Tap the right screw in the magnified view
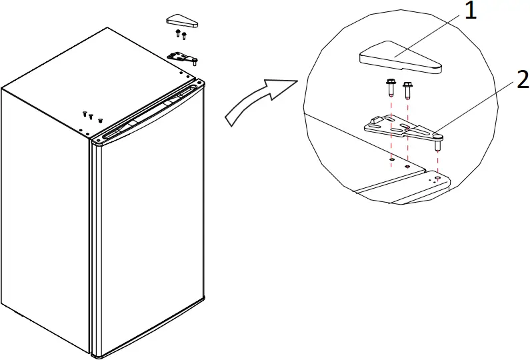(x=407, y=89)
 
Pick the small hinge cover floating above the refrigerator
(x=181, y=21)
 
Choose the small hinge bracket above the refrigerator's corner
(x=183, y=57)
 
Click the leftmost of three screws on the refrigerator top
(x=85, y=114)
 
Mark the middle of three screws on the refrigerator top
(x=91, y=117)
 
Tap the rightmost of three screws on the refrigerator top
(x=99, y=121)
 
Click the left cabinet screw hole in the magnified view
(x=391, y=159)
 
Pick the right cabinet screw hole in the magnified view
(x=408, y=164)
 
